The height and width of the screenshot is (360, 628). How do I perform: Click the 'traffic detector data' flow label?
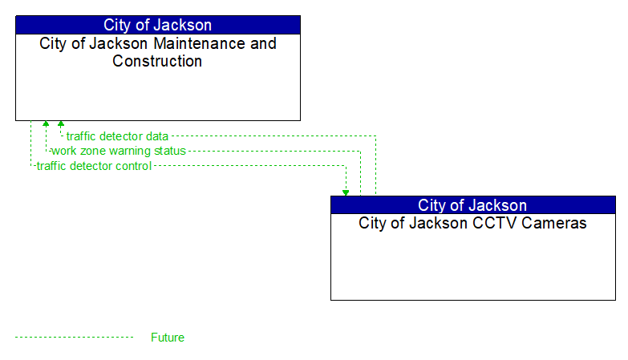[117, 136]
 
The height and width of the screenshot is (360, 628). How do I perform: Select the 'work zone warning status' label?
[118, 151]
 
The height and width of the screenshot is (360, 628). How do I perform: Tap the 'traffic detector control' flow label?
[94, 166]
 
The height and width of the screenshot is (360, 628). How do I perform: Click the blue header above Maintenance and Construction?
[158, 25]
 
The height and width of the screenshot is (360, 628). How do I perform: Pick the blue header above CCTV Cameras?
[472, 205]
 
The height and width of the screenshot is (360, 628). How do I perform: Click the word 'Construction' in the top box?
[158, 62]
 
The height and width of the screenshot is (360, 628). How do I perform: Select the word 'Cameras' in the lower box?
[559, 224]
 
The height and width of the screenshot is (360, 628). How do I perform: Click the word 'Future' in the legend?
[168, 338]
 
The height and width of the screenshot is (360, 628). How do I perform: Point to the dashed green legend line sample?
[74, 338]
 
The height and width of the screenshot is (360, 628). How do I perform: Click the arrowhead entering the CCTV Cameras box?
[346, 192]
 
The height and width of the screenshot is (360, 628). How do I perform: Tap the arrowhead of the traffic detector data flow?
[61, 124]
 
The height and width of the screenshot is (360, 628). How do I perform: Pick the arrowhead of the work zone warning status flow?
[46, 124]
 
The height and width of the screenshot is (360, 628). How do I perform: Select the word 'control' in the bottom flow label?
[132, 166]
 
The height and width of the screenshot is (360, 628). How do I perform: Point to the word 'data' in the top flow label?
[156, 136]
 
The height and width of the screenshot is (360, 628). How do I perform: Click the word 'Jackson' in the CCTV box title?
[436, 224]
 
